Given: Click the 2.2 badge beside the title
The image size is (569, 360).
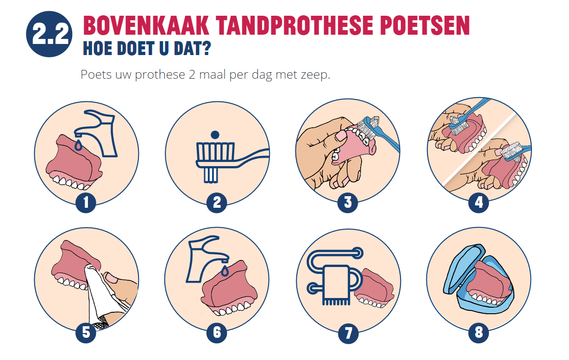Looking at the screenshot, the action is tap(49, 34).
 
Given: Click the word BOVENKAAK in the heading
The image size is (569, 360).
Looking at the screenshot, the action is tap(146, 25).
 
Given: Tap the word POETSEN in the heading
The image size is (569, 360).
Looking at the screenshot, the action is tap(425, 25).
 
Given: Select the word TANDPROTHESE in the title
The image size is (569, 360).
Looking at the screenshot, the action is tap(294, 25).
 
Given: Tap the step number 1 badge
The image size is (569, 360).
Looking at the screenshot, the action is tap(86, 203).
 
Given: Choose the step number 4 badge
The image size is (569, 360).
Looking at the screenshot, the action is tap(479, 203).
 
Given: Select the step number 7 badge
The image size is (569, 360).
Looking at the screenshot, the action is tap(348, 333).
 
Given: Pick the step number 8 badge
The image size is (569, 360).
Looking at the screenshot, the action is tap(479, 333).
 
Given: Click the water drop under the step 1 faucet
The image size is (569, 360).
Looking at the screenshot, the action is tap(79, 145).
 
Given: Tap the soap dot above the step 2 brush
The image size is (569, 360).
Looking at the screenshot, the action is tap(215, 135).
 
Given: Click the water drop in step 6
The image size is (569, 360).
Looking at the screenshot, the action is tap(225, 271).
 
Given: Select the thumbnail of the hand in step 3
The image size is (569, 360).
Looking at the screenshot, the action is tap(340, 136).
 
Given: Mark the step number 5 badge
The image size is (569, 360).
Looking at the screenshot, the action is tap(86, 333).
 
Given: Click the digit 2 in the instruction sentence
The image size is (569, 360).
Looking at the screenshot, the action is tap(192, 74).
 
